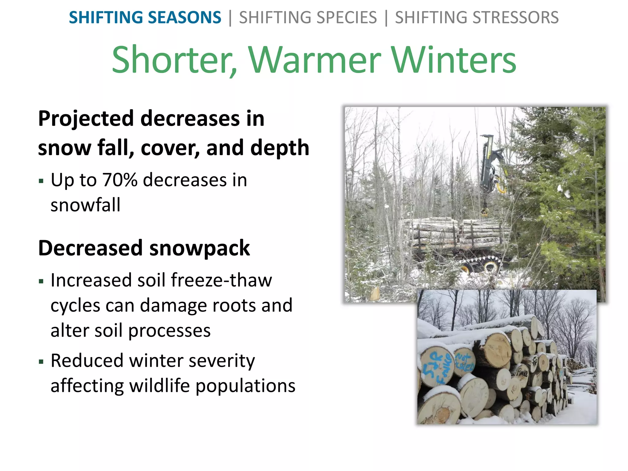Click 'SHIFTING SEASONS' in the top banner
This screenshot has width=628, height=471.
[145, 17]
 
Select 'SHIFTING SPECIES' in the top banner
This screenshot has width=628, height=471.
[308, 17]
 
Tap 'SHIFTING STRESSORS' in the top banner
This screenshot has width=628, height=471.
[477, 17]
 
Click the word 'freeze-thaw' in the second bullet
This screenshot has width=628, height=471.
[221, 280]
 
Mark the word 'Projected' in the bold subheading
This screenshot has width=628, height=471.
[86, 119]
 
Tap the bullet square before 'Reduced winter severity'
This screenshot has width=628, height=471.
[41, 362]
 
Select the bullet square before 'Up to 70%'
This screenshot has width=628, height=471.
[41, 181]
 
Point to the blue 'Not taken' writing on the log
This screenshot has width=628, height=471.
[465, 362]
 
